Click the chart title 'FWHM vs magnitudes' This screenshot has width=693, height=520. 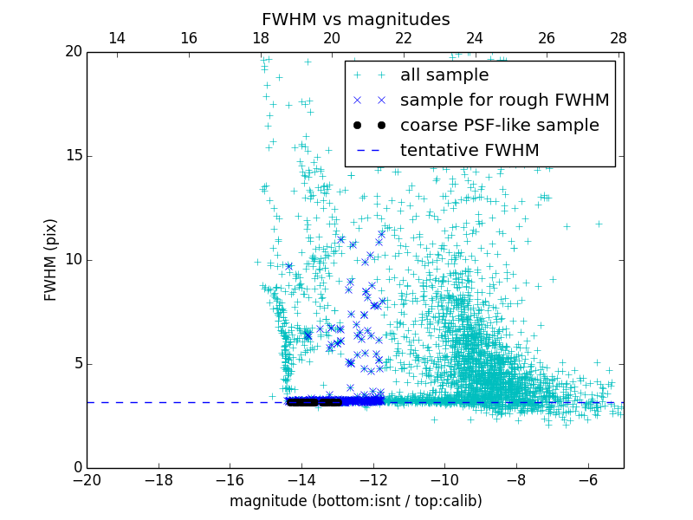(355, 19)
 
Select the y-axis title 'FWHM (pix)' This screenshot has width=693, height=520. (51, 260)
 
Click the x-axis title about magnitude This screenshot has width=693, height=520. (355, 501)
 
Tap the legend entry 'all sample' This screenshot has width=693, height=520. (444, 75)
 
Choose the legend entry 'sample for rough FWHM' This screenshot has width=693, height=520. (504, 101)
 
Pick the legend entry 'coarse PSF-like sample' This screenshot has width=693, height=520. (499, 126)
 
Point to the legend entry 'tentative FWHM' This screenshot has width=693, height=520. (469, 151)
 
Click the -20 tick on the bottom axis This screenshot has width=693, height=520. (87, 479)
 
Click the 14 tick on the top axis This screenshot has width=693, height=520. (116, 38)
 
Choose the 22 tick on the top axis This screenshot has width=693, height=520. (403, 38)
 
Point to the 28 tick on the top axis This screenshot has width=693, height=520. (618, 38)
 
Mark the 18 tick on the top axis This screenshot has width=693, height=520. (260, 38)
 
